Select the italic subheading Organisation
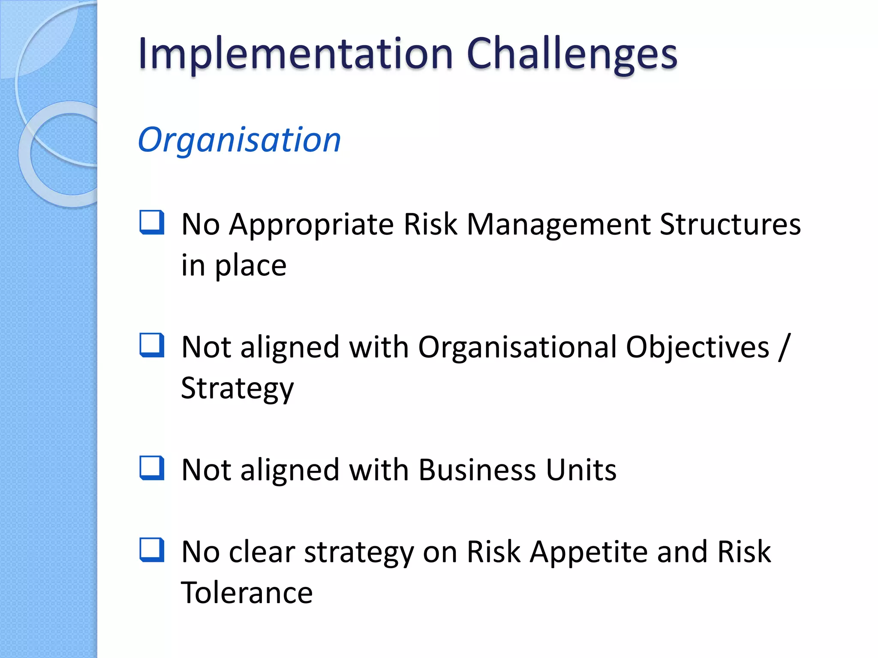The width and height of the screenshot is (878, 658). [239, 140]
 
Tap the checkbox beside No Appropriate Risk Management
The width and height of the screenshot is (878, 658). [152, 222]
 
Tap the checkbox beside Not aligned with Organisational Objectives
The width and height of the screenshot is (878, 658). [152, 345]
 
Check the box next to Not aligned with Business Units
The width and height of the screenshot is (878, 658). [152, 468]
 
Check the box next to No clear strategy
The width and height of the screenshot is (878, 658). [152, 550]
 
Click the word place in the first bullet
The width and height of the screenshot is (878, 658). [250, 266]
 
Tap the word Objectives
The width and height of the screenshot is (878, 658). [697, 347]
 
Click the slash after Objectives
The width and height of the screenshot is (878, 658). [784, 347]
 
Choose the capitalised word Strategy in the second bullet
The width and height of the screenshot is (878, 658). [238, 388]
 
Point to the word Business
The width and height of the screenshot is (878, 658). [477, 470]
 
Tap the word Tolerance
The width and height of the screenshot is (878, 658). [247, 593]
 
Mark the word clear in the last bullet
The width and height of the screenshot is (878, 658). [262, 552]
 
